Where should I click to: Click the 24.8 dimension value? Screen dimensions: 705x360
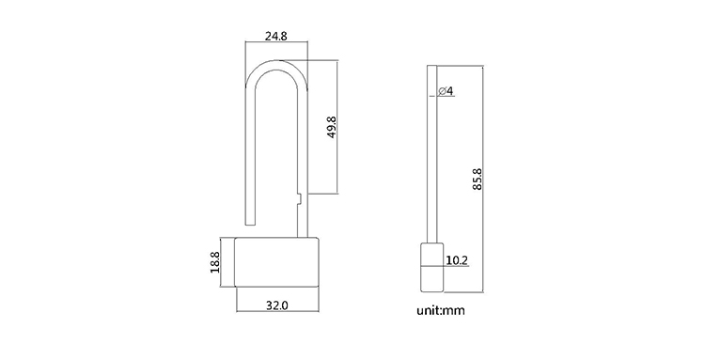click(275, 36)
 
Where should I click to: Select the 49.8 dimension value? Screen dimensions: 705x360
click(332, 127)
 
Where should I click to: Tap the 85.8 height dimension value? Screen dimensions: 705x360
click(477, 179)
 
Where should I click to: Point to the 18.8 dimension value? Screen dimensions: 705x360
click(214, 262)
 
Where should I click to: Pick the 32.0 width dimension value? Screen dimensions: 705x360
click(277, 305)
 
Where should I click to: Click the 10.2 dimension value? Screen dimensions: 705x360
click(457, 260)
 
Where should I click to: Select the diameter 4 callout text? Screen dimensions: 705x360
click(446, 91)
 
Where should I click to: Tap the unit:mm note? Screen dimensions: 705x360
click(441, 310)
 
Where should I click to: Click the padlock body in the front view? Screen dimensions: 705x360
click(277, 262)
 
